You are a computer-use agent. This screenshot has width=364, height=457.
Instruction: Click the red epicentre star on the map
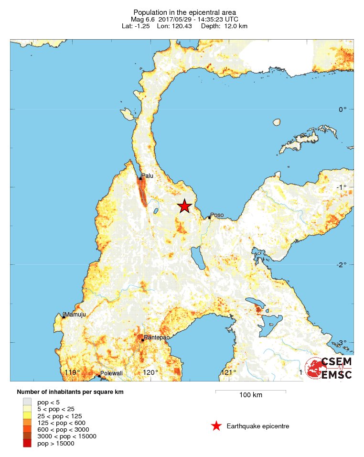(184, 206)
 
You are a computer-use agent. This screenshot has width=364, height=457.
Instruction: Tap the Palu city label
(147, 176)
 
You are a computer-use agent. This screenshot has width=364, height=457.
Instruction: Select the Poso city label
(217, 215)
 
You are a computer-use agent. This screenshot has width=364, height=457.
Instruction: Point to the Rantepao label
(155, 337)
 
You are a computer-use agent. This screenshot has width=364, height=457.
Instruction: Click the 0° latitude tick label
(343, 109)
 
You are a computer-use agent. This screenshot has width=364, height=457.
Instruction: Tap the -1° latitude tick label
(341, 187)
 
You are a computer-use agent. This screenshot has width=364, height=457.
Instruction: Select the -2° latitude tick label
(341, 264)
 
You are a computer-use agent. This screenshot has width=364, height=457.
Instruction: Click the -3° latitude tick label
(341, 342)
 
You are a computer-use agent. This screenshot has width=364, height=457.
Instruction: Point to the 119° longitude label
(72, 373)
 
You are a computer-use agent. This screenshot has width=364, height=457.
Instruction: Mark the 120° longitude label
(150, 373)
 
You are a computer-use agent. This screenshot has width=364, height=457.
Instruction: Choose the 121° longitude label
(228, 373)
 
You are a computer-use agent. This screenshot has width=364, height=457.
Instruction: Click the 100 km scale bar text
(251, 395)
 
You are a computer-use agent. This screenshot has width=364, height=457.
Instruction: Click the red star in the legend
(216, 426)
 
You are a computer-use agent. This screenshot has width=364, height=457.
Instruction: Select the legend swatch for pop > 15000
(27, 444)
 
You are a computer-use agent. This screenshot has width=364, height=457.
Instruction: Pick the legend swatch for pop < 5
(27, 402)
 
